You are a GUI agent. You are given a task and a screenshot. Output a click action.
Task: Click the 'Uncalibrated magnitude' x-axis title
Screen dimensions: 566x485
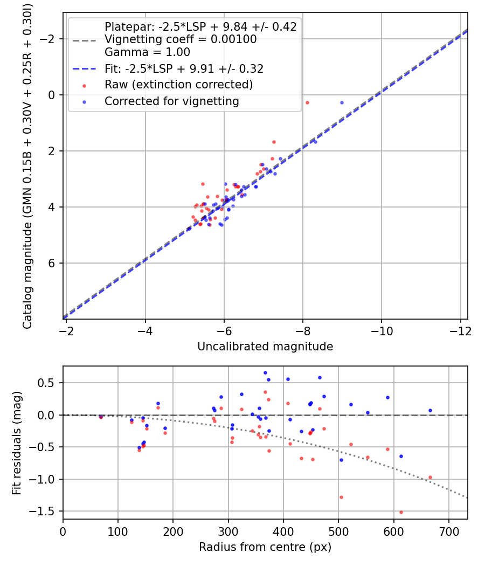click(265, 347)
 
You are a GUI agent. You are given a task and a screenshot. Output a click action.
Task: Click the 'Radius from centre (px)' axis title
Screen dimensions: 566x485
click(265, 547)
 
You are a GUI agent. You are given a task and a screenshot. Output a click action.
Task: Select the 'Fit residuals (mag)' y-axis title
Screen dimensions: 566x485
click(17, 443)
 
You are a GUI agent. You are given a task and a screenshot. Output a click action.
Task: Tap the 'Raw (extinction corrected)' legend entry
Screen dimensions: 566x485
click(178, 85)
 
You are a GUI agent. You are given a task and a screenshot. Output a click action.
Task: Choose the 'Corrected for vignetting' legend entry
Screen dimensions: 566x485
click(171, 101)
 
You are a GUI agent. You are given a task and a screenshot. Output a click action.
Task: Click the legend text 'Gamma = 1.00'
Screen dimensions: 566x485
click(147, 52)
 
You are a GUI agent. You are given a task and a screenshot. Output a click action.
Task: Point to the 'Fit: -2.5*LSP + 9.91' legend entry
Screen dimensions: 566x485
click(183, 69)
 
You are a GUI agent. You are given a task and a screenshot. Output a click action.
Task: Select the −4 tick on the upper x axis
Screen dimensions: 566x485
click(145, 331)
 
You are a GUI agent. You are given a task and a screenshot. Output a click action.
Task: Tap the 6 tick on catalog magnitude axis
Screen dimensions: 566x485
click(53, 263)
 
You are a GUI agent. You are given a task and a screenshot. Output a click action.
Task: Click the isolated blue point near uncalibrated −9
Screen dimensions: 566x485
click(342, 102)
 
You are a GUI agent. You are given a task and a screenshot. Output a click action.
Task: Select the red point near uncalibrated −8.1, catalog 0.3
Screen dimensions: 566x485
click(307, 102)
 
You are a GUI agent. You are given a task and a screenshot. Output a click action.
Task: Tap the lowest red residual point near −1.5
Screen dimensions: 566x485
click(401, 512)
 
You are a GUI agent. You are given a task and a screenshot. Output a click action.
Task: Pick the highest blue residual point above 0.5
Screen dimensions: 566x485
click(265, 372)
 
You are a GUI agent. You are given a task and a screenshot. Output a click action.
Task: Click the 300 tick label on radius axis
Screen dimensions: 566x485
click(173, 531)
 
